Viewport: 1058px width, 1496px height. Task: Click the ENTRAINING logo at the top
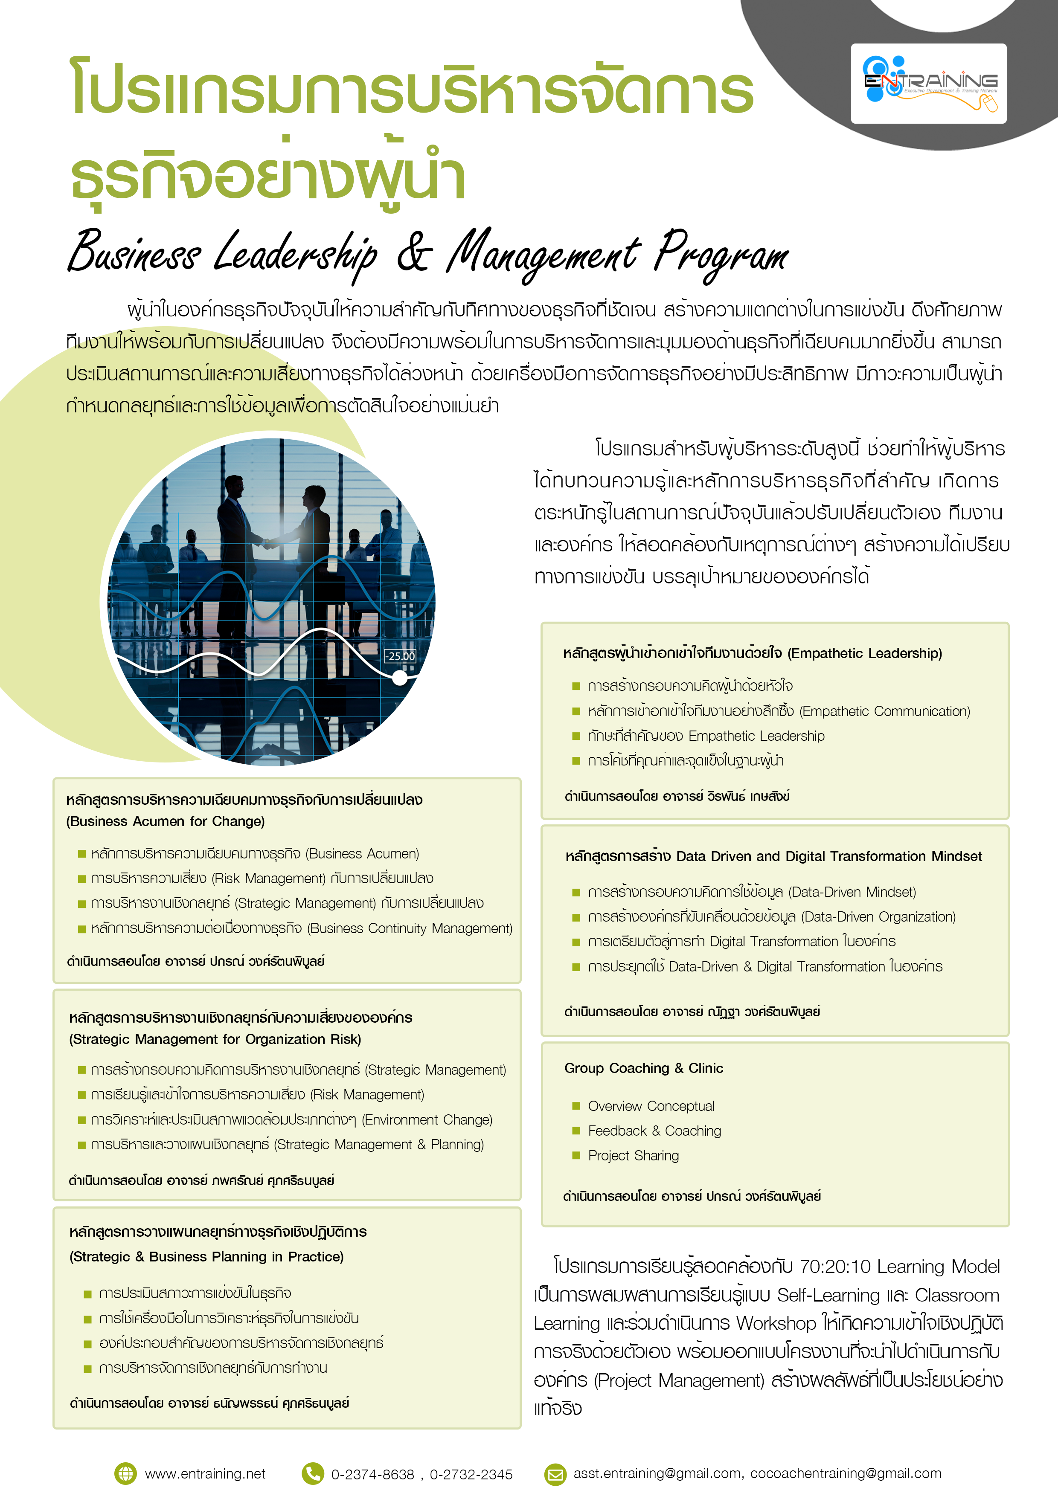928,84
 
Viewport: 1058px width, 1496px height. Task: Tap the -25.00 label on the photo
400,656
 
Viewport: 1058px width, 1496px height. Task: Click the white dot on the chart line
400,678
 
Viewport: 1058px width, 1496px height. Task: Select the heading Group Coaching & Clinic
643,1069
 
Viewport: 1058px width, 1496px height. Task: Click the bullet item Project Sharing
633,1156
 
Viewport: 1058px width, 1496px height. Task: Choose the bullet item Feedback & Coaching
654,1131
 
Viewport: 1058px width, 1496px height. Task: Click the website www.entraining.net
205,1474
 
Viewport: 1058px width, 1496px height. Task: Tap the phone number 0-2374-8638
372,1475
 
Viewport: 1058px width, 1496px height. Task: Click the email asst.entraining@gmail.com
657,1474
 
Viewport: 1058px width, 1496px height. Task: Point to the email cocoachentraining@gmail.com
846,1474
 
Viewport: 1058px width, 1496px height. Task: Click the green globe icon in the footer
125,1474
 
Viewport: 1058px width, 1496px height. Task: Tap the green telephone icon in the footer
313,1474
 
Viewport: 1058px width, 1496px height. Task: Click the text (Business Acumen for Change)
166,822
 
